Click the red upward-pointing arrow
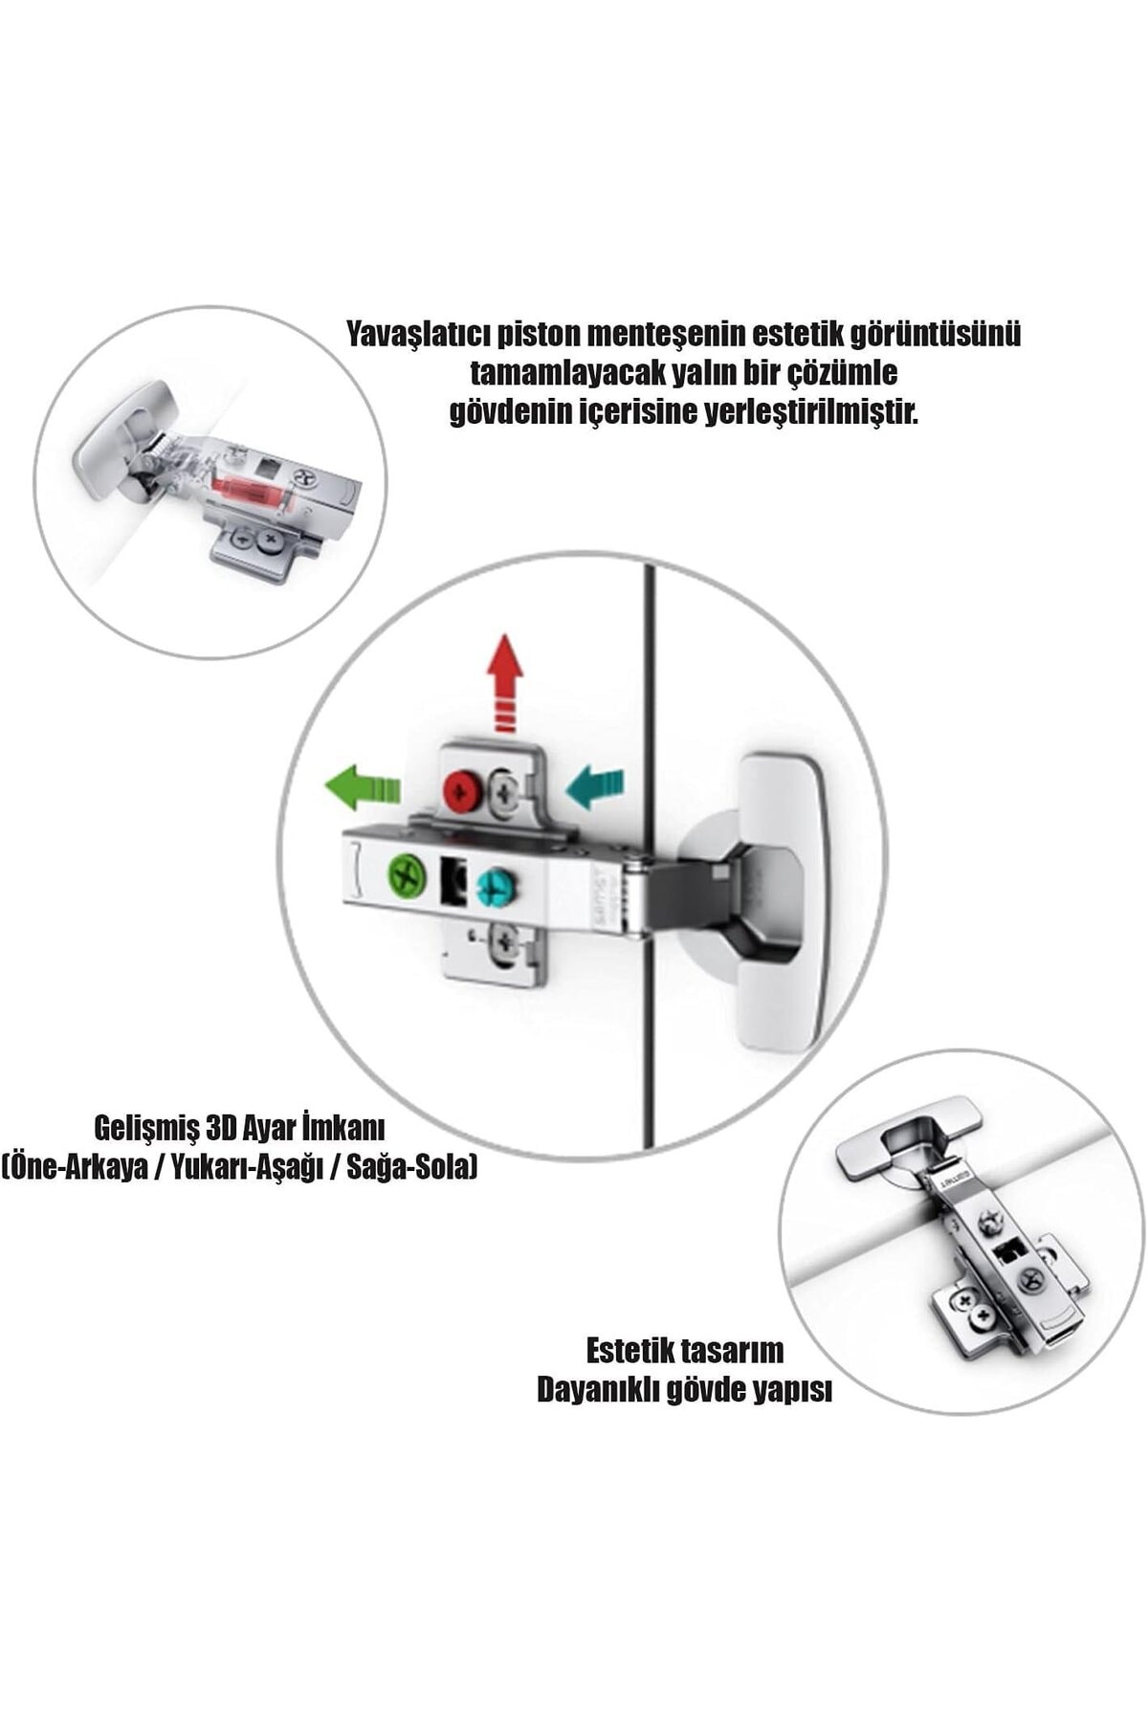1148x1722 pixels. coord(504,683)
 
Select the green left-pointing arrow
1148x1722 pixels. coord(363,787)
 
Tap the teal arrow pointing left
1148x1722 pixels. coord(595,786)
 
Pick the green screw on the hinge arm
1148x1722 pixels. coord(408,874)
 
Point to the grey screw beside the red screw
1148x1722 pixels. coord(506,791)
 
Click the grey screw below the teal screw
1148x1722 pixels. coord(504,945)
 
